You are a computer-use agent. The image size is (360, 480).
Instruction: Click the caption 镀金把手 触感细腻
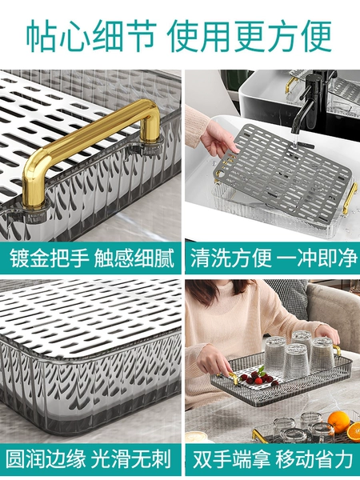coord(92,258)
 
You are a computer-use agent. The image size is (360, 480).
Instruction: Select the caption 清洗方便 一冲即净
coord(274,258)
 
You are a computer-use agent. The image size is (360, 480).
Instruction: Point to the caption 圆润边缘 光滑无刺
coord(88,459)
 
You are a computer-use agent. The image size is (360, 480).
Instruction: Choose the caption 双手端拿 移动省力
coord(273,459)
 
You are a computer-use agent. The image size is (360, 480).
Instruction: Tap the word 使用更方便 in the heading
coord(249,37)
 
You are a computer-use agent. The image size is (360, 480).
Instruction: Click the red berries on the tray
coord(257,379)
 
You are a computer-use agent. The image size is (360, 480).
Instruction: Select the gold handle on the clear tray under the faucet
coord(350,198)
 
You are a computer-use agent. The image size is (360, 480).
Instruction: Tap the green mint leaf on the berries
coord(261,371)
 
